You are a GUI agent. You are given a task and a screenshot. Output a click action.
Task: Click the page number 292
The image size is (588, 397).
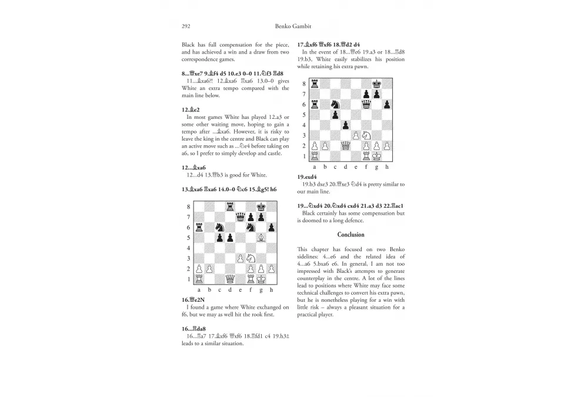[187, 26]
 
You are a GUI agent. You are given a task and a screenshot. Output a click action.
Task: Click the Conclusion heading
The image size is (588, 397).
[350, 235]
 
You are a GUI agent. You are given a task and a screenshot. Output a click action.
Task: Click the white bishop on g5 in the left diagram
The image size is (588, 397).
[261, 238]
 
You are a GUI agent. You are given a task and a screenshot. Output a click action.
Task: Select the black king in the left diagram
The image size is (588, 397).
[261, 207]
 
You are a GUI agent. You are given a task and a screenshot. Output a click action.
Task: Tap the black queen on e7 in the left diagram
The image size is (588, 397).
[240, 217]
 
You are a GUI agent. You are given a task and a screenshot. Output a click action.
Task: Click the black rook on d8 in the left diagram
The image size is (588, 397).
[230, 207]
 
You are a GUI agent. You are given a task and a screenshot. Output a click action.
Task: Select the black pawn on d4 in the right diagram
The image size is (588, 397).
[345, 125]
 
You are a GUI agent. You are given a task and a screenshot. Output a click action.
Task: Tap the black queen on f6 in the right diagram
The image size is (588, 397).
[366, 104]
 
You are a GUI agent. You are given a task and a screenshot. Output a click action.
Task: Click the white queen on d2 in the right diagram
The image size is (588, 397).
[345, 145]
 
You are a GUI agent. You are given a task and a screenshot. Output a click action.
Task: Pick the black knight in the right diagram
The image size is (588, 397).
[335, 104]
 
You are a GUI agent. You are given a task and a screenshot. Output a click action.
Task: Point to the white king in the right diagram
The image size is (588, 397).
[376, 156]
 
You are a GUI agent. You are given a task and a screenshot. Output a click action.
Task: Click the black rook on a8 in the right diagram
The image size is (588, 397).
[314, 84]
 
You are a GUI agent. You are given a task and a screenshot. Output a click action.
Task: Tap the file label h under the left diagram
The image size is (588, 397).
[271, 290]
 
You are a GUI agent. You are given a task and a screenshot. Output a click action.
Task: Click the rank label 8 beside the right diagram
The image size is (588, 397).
[303, 84]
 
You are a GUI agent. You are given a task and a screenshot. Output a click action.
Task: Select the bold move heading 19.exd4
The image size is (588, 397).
[308, 176]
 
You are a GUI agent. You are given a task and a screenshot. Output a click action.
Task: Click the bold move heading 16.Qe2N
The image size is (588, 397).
[193, 300]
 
